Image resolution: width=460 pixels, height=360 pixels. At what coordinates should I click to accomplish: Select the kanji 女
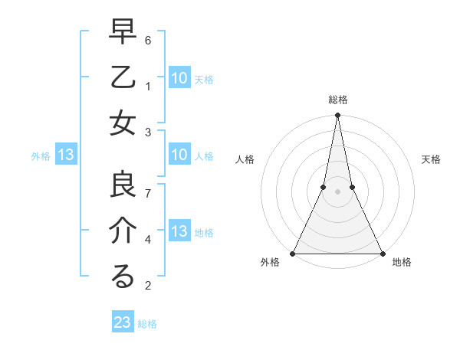[123, 123]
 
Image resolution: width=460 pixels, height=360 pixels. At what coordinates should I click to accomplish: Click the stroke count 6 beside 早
[149, 39]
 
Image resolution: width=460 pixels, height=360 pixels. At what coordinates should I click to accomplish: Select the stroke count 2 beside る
[149, 286]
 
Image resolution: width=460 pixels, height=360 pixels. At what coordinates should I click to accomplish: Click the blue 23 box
[123, 322]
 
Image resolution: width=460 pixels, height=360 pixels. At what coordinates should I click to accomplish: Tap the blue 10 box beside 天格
[179, 77]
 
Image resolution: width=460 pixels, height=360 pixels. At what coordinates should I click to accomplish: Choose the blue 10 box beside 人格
[179, 155]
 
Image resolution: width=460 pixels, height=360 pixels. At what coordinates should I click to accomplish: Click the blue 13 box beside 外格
[65, 155]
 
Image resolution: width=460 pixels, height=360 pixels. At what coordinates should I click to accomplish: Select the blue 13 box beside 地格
[179, 232]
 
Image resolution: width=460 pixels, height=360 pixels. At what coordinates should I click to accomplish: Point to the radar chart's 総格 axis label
[337, 100]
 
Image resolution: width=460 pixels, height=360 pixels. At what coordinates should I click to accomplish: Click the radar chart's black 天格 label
[431, 159]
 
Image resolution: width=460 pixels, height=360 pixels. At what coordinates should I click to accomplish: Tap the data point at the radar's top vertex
[337, 116]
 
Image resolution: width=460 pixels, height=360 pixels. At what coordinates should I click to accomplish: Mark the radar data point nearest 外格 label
[294, 253]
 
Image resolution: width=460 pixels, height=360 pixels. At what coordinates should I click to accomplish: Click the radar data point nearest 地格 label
[382, 253]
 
